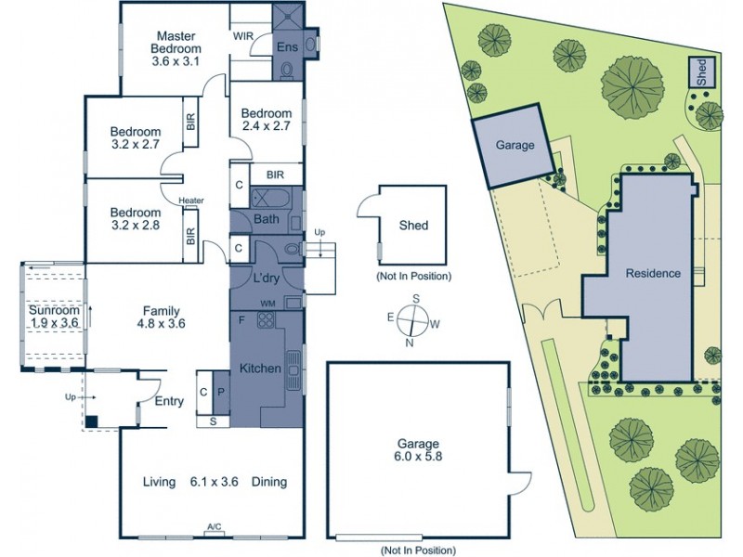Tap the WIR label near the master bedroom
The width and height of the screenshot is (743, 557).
[243, 37]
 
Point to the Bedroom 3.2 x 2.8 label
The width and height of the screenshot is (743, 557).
[135, 217]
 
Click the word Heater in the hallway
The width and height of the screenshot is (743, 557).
[191, 201]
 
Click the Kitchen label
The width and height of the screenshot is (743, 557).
[260, 369]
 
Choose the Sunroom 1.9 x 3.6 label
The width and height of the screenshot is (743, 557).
[53, 316]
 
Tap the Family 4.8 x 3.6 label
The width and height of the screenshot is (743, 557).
[161, 318]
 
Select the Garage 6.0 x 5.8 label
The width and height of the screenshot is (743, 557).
[415, 450]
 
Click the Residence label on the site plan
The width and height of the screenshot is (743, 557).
[653, 274]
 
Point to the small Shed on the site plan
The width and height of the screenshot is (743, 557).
[701, 72]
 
